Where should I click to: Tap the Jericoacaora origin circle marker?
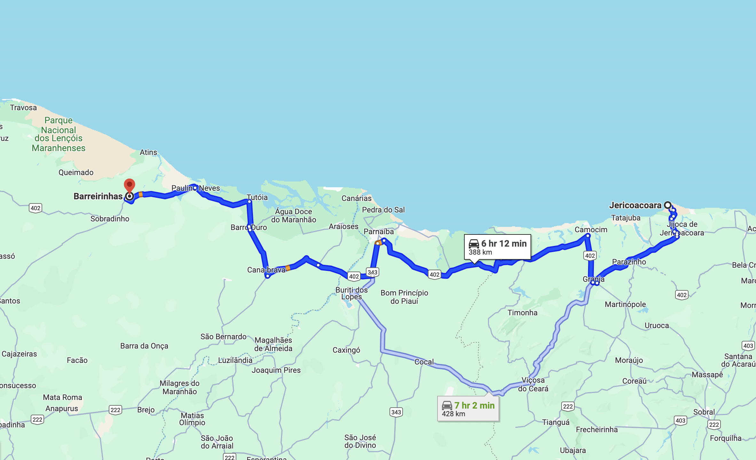[667, 205]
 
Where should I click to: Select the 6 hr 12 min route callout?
[497, 247]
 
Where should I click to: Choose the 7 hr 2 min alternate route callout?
[468, 409]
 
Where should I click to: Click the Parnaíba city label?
[379, 232]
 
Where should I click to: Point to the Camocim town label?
[591, 230]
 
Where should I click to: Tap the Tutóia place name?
[257, 197]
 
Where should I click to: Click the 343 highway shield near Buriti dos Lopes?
[372, 272]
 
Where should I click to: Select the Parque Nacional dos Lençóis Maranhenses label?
[59, 134]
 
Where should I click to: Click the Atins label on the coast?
[148, 152]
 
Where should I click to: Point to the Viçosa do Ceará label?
[533, 384]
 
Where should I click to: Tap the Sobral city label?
[704, 412]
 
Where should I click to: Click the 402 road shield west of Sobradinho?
[35, 208]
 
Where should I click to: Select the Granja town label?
[594, 279]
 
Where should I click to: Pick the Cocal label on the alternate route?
[424, 362]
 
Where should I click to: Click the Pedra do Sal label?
[383, 210]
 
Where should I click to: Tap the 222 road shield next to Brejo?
[115, 410]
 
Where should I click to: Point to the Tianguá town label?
[556, 422]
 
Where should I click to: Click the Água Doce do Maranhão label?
[294, 216]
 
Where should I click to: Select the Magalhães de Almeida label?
[273, 344]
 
